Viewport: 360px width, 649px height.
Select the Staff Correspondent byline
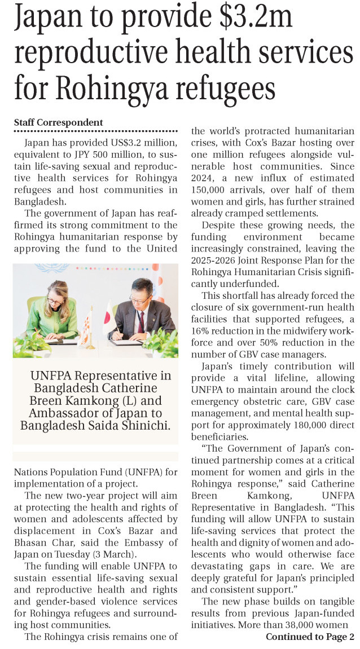pos(58,122)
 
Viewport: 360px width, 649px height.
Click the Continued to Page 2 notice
pos(310,637)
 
